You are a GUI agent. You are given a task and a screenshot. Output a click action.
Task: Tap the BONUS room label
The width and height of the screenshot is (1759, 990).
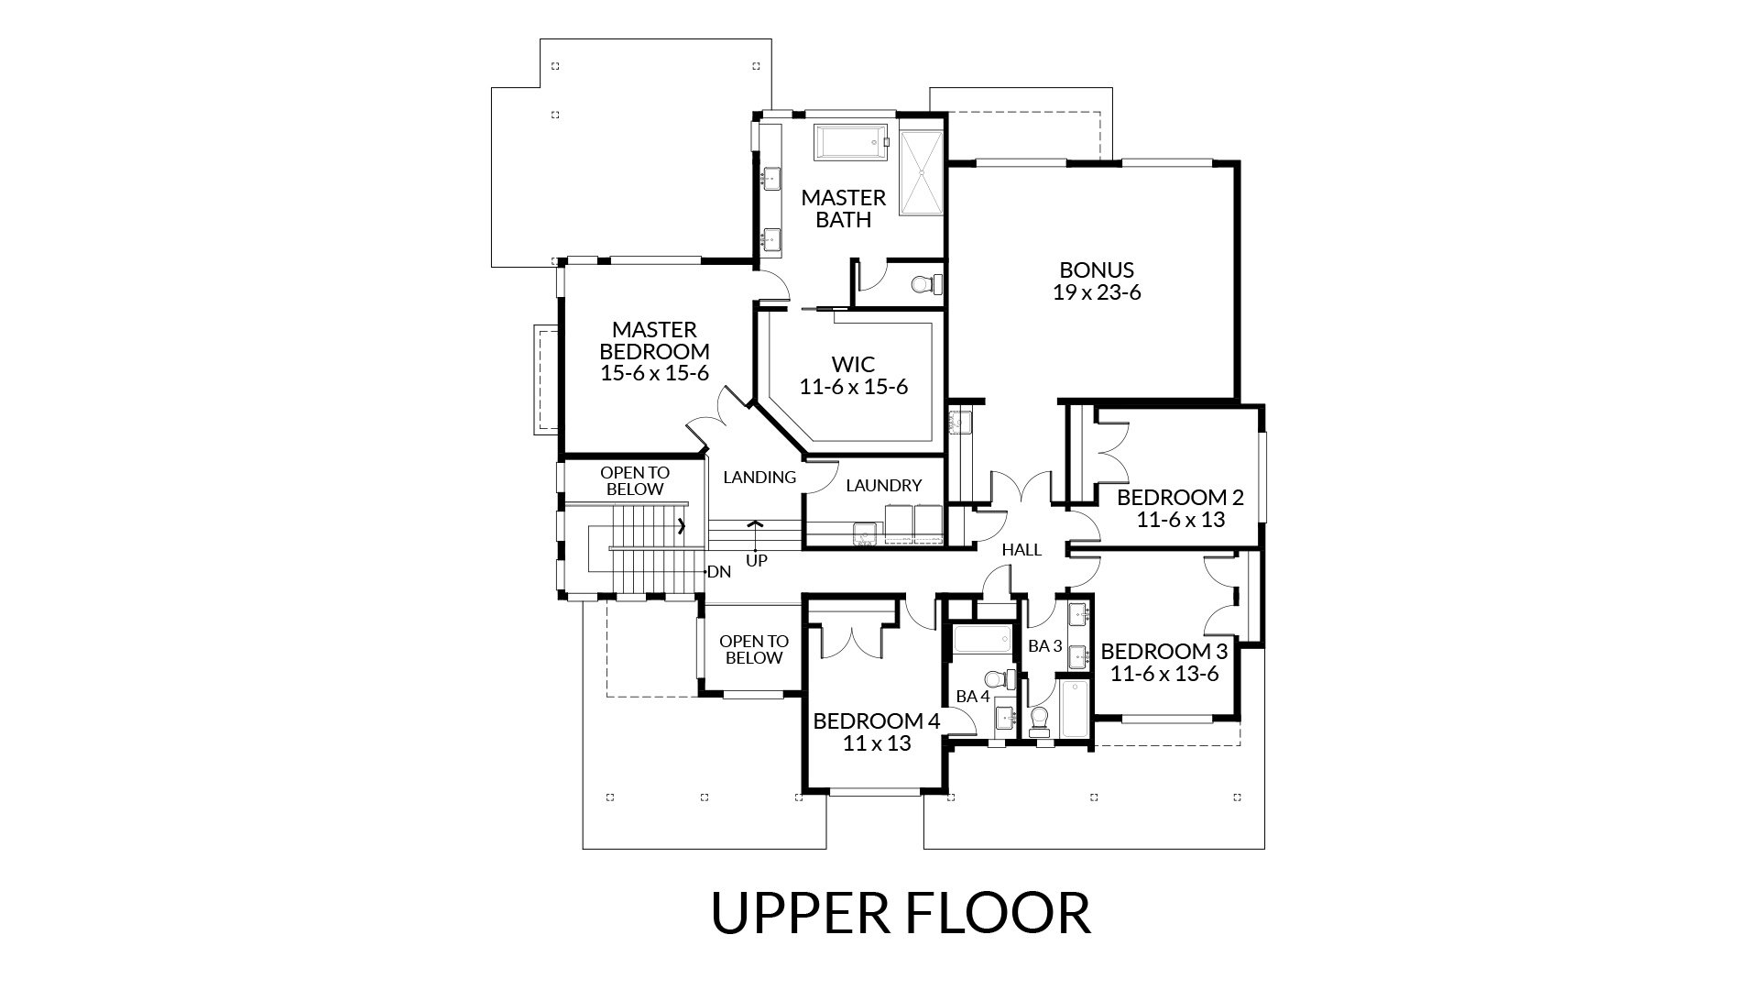click(x=1097, y=269)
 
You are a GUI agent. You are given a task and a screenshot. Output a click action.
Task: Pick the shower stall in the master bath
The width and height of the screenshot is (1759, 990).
click(x=921, y=173)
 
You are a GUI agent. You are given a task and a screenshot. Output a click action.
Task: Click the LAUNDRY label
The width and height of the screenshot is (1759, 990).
click(x=883, y=485)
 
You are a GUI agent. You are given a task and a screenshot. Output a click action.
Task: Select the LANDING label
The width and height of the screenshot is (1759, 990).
click(x=759, y=477)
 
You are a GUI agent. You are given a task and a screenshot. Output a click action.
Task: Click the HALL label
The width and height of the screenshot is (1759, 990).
click(x=1022, y=550)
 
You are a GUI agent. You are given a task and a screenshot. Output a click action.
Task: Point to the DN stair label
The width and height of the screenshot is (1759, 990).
click(x=719, y=572)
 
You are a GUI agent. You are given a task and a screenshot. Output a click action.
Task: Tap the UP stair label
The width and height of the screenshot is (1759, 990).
click(x=757, y=559)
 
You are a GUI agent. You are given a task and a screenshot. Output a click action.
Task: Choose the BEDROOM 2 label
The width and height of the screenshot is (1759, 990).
click(x=1180, y=498)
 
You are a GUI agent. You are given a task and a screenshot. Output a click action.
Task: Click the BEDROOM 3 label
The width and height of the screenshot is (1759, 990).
click(x=1164, y=652)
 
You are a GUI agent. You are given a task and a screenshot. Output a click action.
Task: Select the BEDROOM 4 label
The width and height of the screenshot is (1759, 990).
click(x=877, y=720)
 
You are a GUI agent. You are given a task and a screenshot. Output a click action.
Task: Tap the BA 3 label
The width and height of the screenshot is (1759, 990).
click(x=1044, y=646)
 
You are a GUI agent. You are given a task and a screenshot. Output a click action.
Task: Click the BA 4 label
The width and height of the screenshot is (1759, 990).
click(x=973, y=696)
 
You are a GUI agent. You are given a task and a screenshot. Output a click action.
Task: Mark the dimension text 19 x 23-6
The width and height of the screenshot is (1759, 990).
click(x=1097, y=292)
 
